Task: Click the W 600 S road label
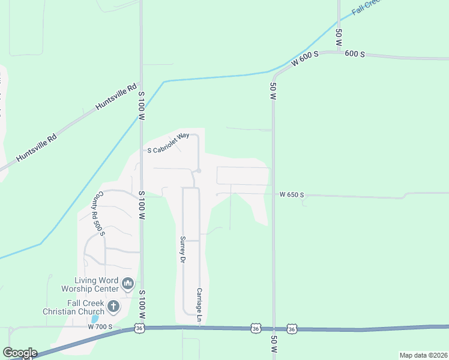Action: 304,59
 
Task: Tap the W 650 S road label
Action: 292,195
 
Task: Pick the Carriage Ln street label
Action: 199,307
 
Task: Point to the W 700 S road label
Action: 100,327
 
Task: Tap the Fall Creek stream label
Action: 366,7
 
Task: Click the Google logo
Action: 19,352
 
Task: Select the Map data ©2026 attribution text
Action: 423,355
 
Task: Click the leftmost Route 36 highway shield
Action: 139,328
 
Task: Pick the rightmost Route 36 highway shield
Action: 292,329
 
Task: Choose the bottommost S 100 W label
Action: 142,305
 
